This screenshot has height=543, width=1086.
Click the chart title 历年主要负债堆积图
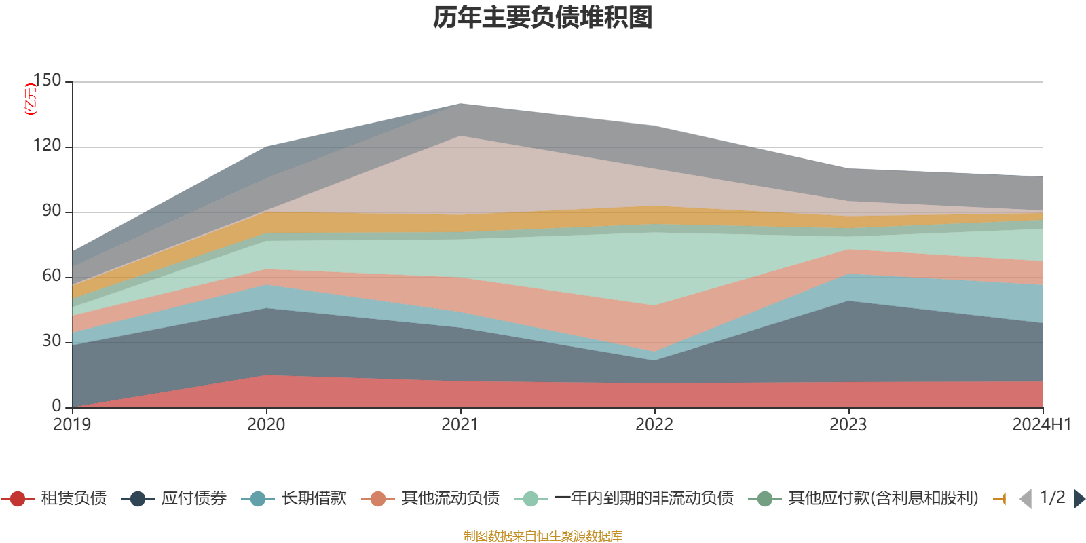(542, 18)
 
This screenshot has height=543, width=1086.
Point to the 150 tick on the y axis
(47, 80)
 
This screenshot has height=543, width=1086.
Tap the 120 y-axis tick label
(47, 146)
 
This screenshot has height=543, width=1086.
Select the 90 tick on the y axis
(52, 211)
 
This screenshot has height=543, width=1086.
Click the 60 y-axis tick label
(52, 276)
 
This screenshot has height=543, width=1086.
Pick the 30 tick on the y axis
(52, 341)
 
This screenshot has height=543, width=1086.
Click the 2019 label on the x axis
(72, 425)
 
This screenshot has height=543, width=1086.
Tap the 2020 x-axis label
(266, 425)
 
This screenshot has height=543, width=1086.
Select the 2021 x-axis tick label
(460, 425)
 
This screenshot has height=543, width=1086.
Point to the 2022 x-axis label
(654, 425)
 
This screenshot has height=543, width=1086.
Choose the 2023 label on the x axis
(848, 425)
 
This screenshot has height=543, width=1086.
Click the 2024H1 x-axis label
(1041, 425)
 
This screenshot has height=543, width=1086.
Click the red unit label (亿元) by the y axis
(31, 99)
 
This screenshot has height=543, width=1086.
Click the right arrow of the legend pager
(1079, 499)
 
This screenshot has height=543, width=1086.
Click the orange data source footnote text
(542, 536)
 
